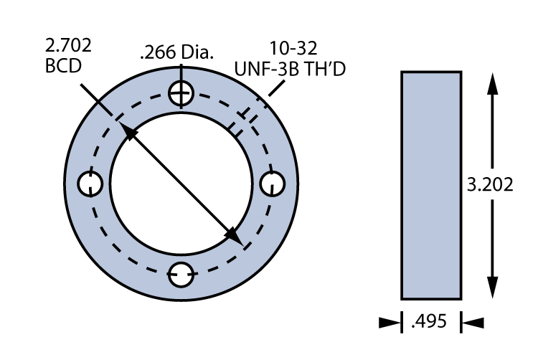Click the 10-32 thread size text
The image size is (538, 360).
pyautogui.click(x=292, y=49)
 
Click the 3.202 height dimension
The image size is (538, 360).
pyautogui.click(x=490, y=184)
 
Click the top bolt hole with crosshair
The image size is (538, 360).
pyautogui.click(x=181, y=93)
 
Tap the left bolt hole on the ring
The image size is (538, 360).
pyautogui.click(x=90, y=184)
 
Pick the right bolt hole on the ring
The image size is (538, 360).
pyautogui.click(x=272, y=184)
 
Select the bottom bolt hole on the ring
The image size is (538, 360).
pyautogui.click(x=181, y=274)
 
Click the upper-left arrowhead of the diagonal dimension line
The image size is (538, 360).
pyautogui.click(x=129, y=131)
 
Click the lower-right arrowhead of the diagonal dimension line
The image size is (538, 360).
pyautogui.click(x=233, y=235)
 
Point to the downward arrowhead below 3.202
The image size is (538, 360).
pyautogui.click(x=491, y=290)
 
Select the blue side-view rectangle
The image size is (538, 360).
pyautogui.click(x=430, y=184)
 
